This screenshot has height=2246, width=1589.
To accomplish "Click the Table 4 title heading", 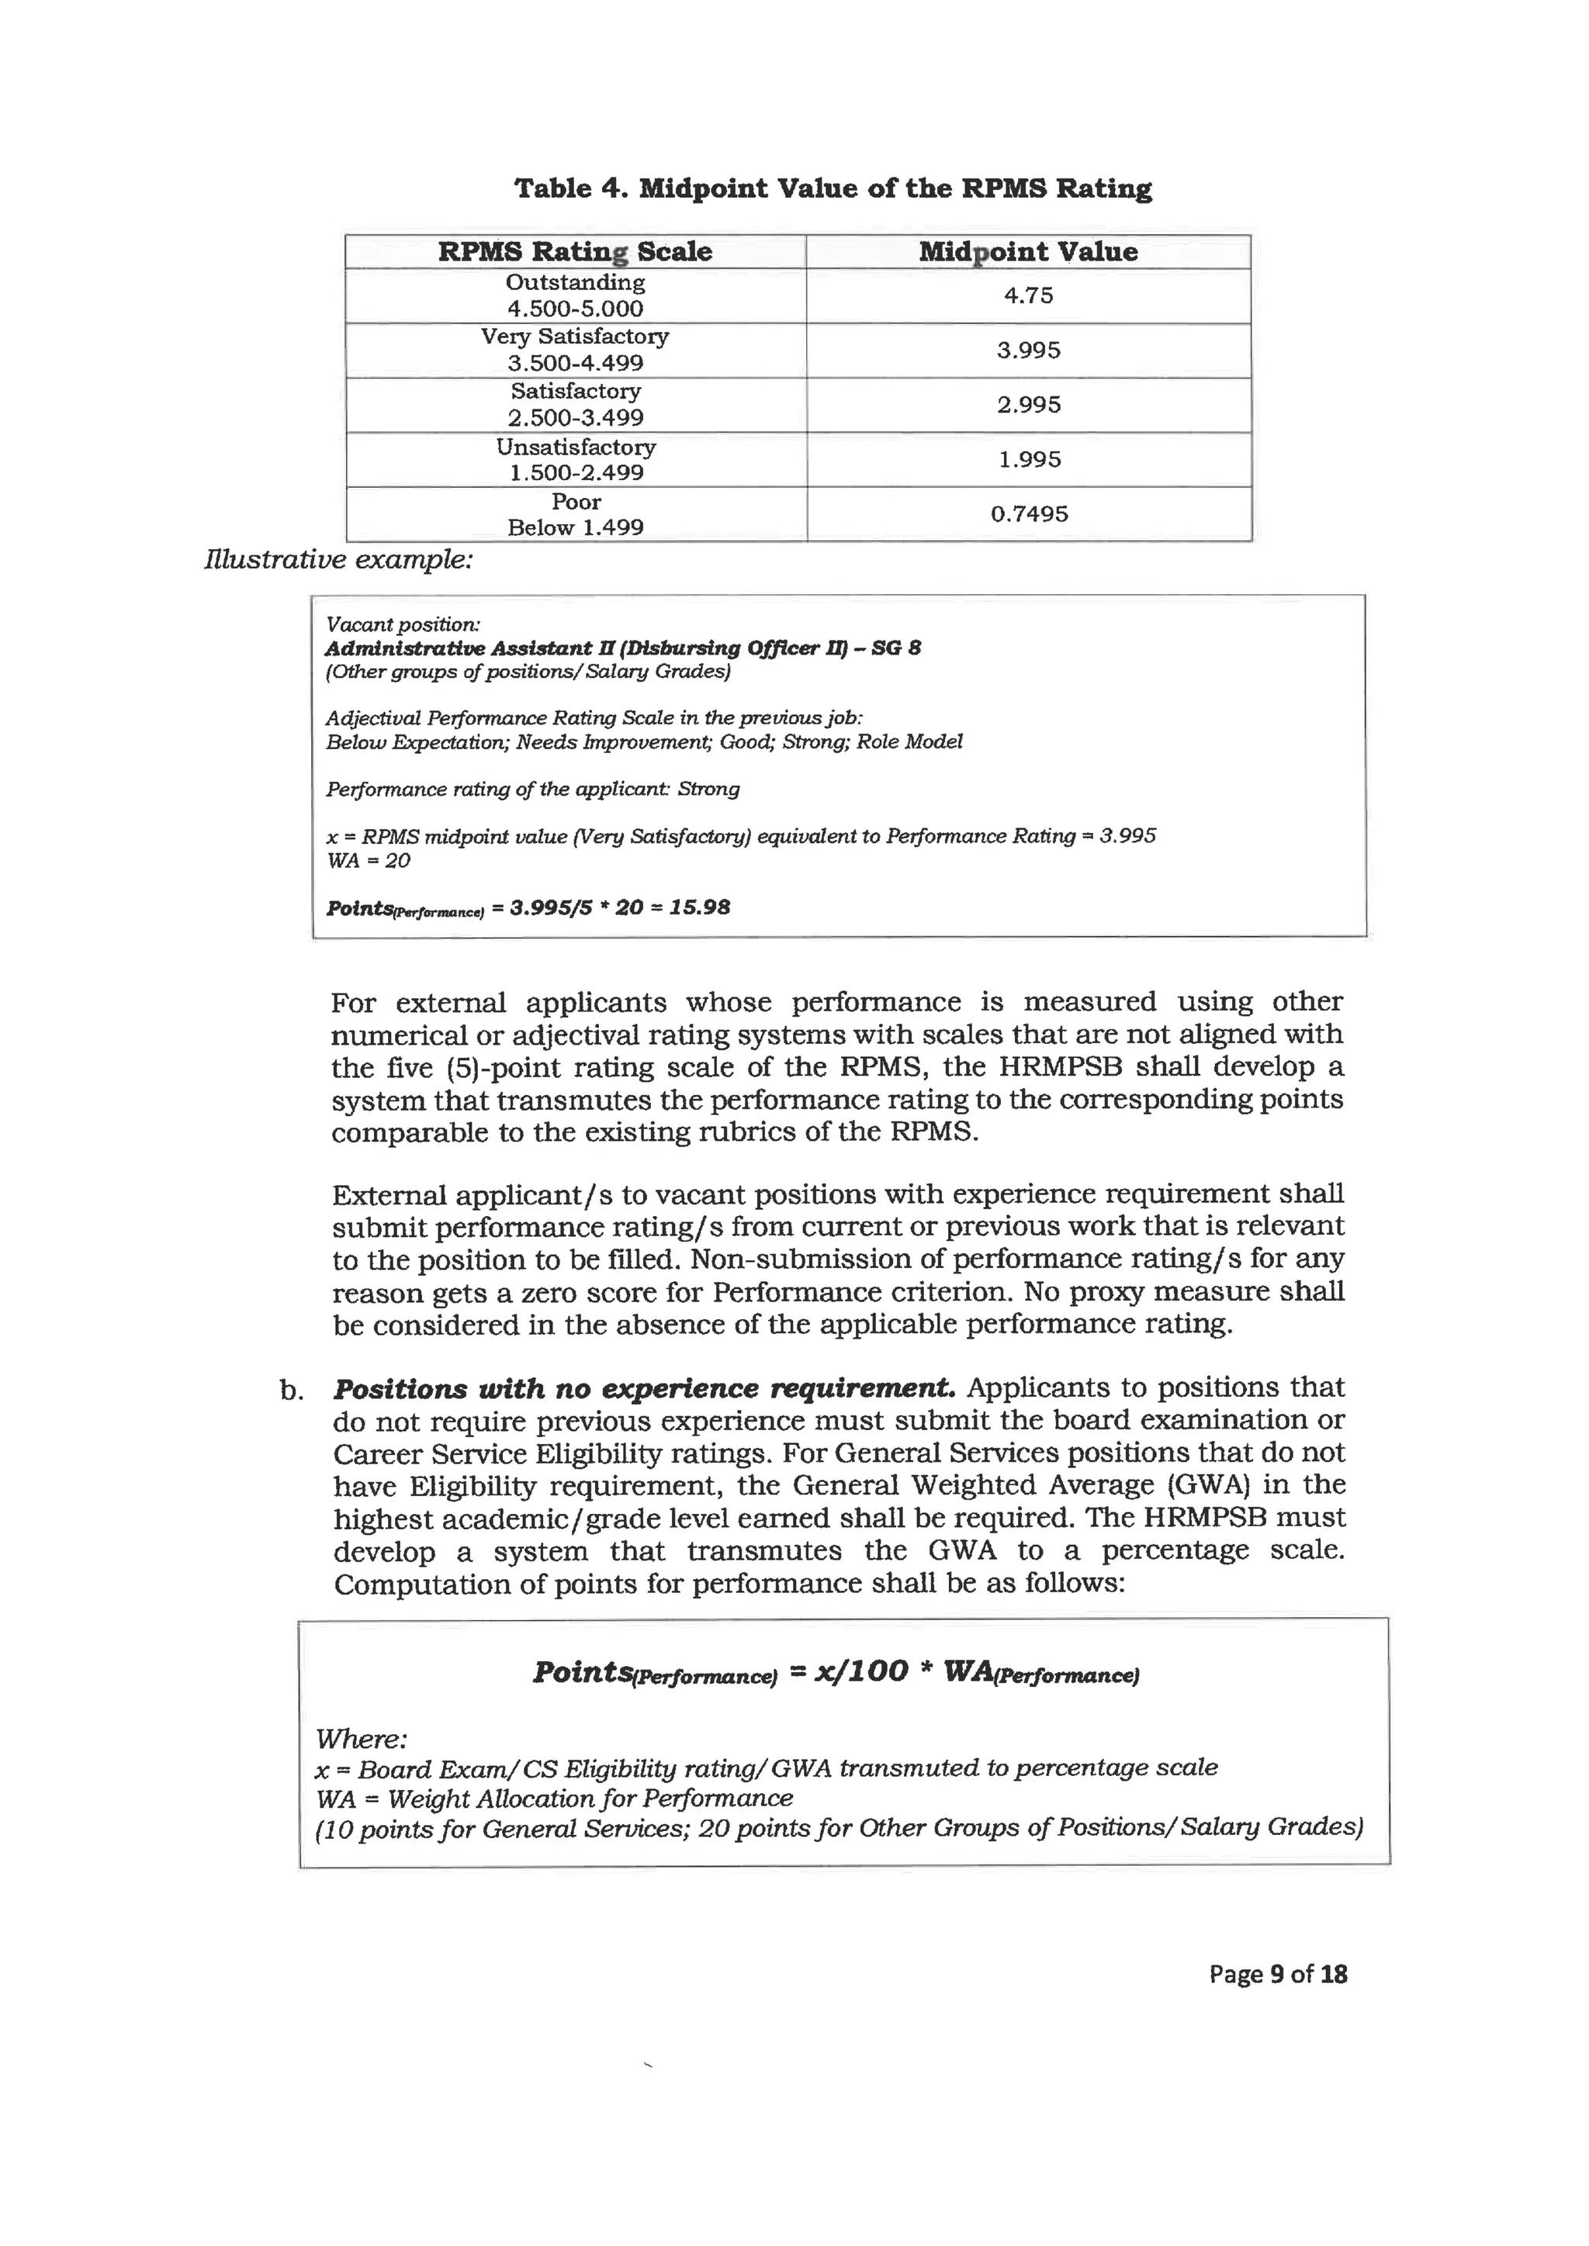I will point(833,188).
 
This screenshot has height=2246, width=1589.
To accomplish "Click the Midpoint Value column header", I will point(1027,251).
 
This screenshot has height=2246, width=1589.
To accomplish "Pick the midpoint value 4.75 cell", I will point(1027,295).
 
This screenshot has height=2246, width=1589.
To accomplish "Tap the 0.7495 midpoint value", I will point(1028,513).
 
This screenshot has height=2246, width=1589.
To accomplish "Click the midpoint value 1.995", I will point(1028,459).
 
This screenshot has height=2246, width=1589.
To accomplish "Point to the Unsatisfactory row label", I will point(576,447).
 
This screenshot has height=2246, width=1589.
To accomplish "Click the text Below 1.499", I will point(576,527).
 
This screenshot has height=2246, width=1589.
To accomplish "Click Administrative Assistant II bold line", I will point(622,648).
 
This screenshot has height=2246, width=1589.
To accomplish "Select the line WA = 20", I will point(368,861).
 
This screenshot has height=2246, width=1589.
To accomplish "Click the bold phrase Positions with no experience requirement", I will point(644,1388).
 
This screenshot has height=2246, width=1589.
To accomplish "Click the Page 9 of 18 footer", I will point(1277,1973).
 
